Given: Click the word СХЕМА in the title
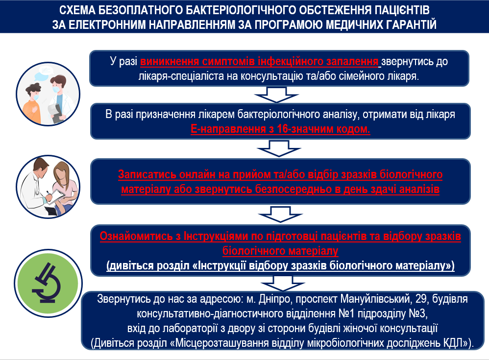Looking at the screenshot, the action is [x=77, y=10].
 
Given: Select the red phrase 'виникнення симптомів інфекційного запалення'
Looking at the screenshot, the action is [x=259, y=61].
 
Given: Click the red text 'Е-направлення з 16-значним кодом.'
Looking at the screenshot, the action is [x=280, y=129].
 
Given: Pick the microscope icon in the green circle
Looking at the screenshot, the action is [x=47, y=283].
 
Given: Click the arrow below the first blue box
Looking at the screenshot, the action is [x=276, y=95].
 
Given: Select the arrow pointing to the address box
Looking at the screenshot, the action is [x=283, y=283].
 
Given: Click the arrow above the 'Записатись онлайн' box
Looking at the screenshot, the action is [x=278, y=148].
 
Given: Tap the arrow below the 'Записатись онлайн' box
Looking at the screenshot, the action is [x=280, y=214].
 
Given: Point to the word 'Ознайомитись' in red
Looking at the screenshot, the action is [x=136, y=236].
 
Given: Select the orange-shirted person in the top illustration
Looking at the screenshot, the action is [x=32, y=103].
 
